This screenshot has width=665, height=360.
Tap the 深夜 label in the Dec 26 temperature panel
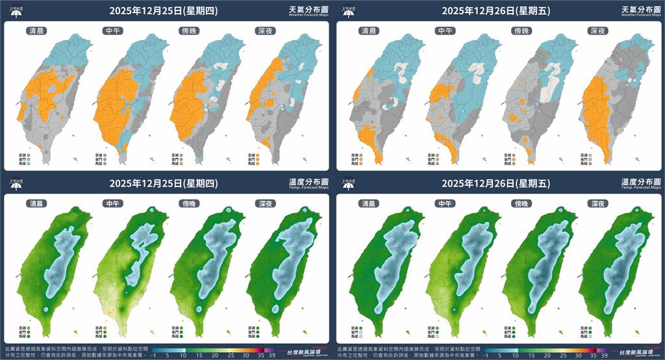597,203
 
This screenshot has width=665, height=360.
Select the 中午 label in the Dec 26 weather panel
445,31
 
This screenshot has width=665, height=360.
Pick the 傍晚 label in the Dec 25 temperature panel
189,203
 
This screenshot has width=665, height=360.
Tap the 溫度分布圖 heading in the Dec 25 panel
307,181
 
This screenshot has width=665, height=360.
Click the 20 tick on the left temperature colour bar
199,355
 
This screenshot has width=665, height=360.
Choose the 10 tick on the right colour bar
516,355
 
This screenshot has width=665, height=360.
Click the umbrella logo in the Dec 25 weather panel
16,11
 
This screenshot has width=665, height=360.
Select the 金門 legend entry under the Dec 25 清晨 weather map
23,160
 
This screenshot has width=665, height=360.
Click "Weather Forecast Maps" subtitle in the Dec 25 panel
307,15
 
